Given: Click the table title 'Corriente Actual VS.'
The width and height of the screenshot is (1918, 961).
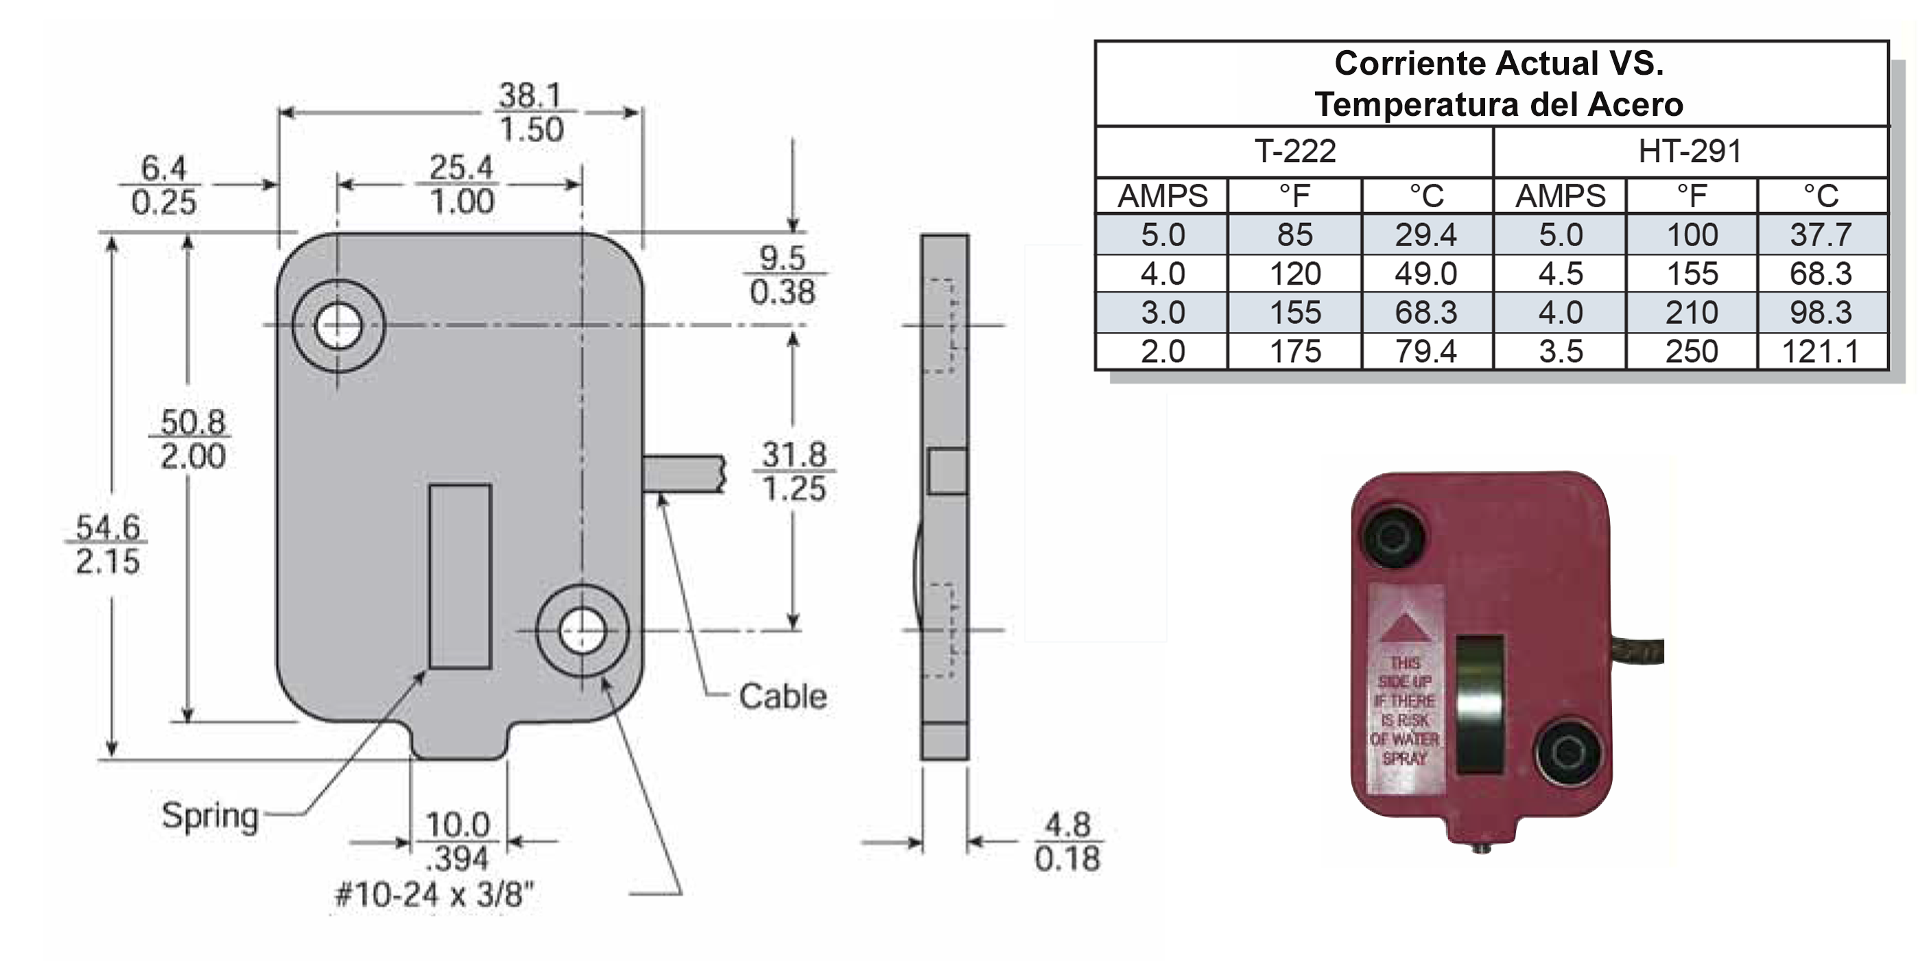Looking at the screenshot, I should pyautogui.click(x=1498, y=63).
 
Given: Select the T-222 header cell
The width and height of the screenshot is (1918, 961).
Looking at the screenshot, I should pyautogui.click(x=1295, y=152).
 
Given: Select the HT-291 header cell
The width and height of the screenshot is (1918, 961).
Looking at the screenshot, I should pyautogui.click(x=1690, y=152).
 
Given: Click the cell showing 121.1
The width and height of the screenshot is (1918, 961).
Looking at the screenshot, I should pyautogui.click(x=1821, y=351).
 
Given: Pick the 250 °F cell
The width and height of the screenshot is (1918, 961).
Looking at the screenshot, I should pyautogui.click(x=1692, y=351).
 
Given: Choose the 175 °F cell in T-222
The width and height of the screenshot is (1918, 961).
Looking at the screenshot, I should pyautogui.click(x=1295, y=351).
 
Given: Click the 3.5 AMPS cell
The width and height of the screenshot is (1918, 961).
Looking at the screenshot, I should pyautogui.click(x=1561, y=351).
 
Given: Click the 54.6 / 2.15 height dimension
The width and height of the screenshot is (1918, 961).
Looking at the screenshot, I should pyautogui.click(x=108, y=544).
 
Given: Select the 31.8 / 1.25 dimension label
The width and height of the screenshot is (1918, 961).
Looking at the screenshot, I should pyautogui.click(x=794, y=471).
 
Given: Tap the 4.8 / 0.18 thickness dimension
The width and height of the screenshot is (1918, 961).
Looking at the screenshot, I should pyautogui.click(x=1067, y=842).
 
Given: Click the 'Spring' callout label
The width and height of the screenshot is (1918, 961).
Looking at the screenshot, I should pyautogui.click(x=210, y=815).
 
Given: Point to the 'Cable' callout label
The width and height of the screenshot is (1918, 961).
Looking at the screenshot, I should pyautogui.click(x=783, y=697).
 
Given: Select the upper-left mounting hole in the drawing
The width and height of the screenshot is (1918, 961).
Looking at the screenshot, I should pyautogui.click(x=338, y=326).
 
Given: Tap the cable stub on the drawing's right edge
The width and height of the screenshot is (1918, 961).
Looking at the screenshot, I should pyautogui.click(x=682, y=474).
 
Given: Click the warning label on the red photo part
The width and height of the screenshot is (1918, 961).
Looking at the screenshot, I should pyautogui.click(x=1405, y=689).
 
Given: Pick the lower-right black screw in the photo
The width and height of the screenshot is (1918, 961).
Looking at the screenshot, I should pyautogui.click(x=1567, y=750).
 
